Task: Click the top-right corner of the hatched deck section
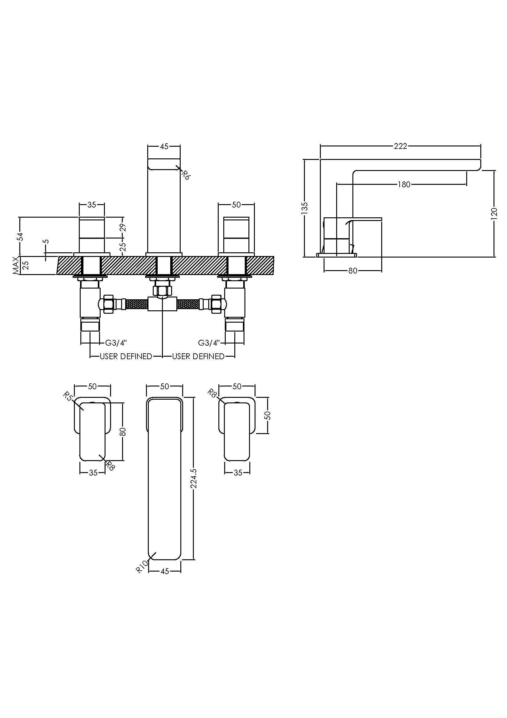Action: click(x=274, y=256)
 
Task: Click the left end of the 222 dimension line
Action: click(x=321, y=146)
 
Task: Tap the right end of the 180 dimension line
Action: click(x=467, y=184)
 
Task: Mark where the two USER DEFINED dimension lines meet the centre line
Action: click(x=163, y=356)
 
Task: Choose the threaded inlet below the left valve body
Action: click(x=90, y=325)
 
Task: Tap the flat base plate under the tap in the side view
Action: click(x=336, y=255)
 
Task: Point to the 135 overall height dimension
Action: click(x=305, y=208)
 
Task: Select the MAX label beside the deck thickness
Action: click(x=16, y=266)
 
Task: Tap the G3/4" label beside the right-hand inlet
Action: click(x=209, y=343)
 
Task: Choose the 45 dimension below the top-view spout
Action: click(x=165, y=571)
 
